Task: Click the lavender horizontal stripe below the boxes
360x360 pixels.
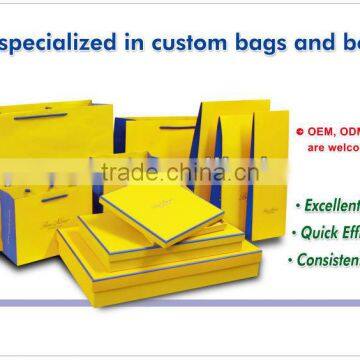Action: (180, 302)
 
